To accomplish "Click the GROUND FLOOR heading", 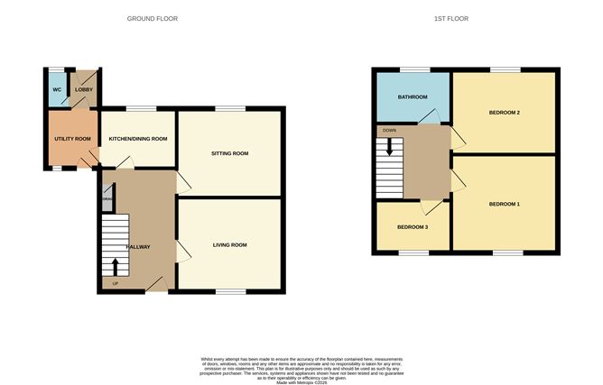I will point(153,18).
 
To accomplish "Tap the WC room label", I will point(57,90).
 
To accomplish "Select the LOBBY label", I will point(84,90).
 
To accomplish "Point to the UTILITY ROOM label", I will point(72,138).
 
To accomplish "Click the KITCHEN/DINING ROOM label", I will point(138,138).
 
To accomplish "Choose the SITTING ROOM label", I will point(229,153).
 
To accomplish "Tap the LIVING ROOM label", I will point(229,244).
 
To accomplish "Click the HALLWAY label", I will point(137,246).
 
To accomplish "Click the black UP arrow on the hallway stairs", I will point(115,266).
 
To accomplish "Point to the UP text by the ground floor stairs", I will point(115,285).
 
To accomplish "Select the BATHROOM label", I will point(412,96).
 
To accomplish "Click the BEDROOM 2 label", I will point(504,113).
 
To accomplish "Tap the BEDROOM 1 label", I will point(504,204).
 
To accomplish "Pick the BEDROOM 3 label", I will point(412,226).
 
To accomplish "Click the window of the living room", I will point(230,291).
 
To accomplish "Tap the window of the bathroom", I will point(414,69).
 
